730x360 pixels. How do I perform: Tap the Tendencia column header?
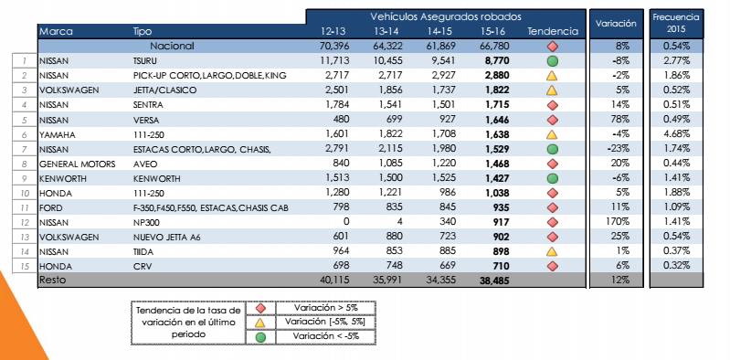pos(553,31)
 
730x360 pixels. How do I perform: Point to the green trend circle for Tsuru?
pos(552,60)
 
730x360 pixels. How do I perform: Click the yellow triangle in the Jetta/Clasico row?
pos(552,90)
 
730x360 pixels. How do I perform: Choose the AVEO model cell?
pos(147,163)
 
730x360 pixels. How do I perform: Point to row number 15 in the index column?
pos(23,266)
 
